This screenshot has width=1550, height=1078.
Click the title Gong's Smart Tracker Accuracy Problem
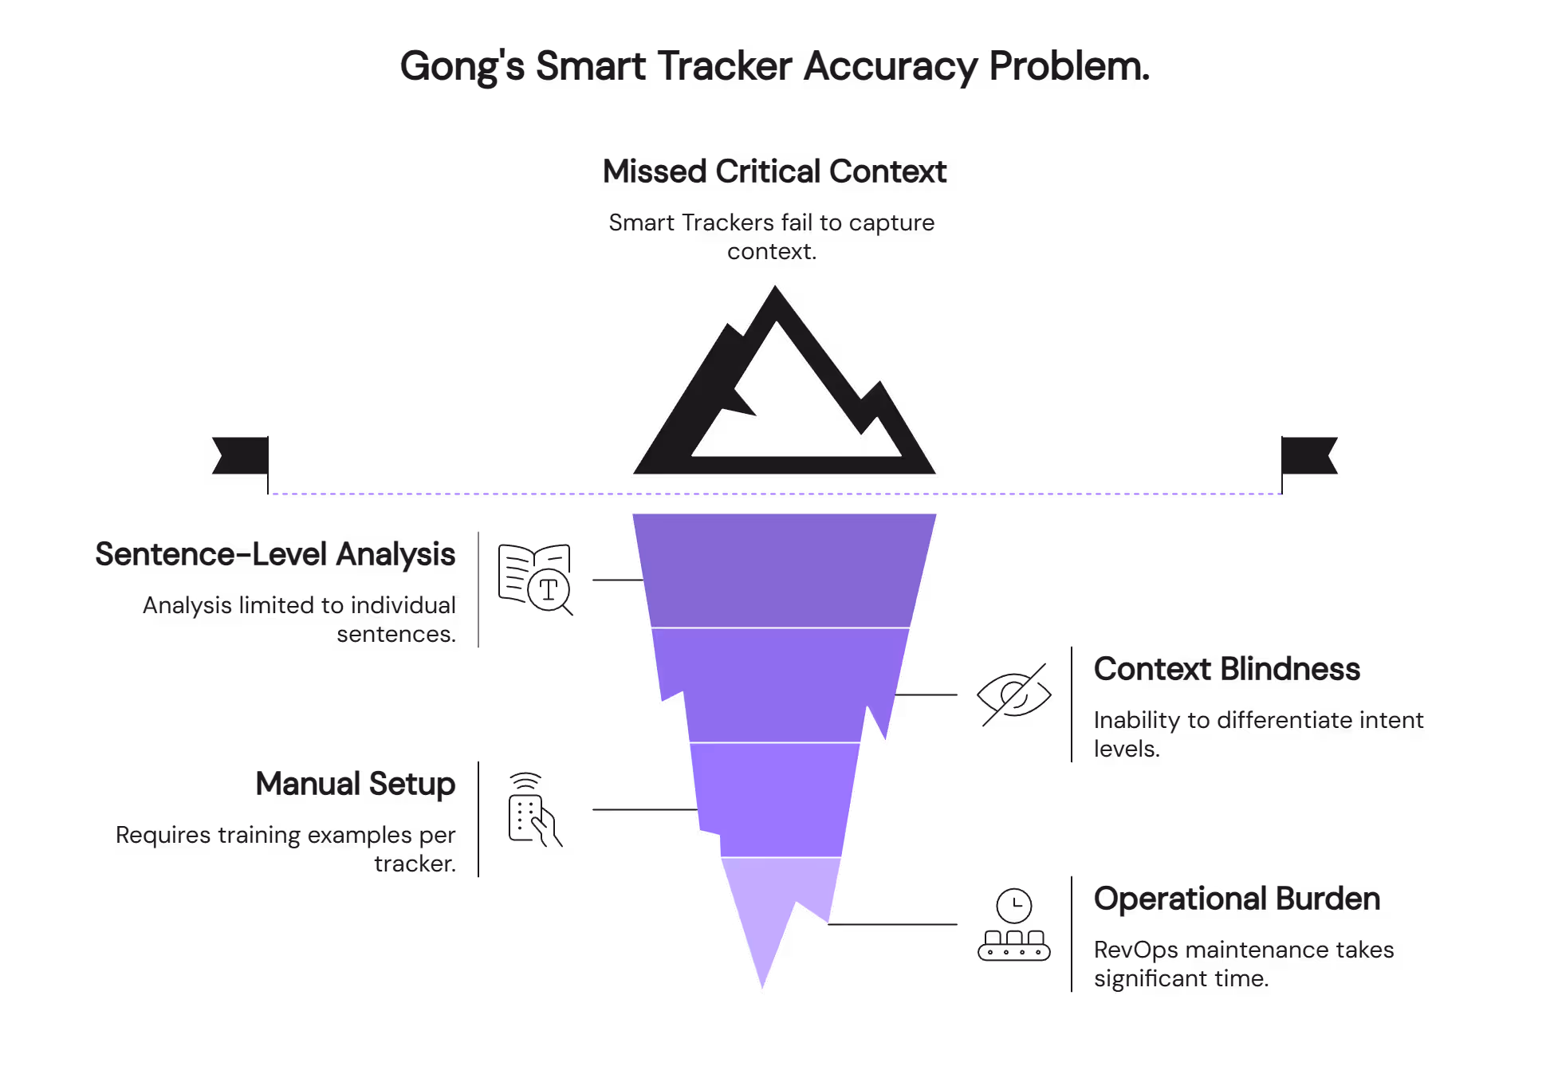(774, 66)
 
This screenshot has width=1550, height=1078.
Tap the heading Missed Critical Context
(774, 171)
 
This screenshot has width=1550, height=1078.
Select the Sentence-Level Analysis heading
(275, 554)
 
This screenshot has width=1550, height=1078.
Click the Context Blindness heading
(1226, 669)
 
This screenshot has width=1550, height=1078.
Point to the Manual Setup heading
(356, 784)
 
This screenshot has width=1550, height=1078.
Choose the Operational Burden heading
(1237, 899)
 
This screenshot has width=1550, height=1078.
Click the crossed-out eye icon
(1014, 694)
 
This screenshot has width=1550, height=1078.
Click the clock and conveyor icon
(1013, 925)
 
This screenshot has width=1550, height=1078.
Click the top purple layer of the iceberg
(784, 569)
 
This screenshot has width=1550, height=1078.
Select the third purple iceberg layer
(772, 799)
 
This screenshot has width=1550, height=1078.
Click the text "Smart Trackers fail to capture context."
(771, 237)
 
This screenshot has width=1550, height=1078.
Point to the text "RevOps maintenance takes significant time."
(1243, 964)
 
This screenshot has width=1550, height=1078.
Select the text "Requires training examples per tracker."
(285, 849)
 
